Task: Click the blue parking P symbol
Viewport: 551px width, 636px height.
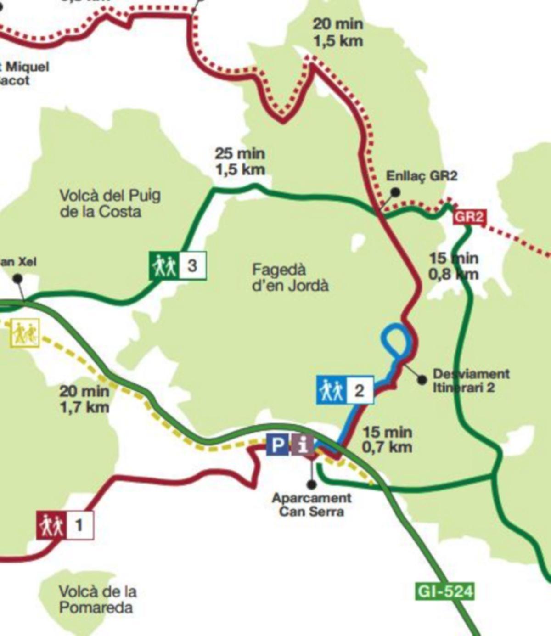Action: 277,445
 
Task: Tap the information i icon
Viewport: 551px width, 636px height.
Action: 302,445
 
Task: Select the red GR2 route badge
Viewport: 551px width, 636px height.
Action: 468,217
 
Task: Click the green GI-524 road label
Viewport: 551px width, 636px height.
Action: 444,591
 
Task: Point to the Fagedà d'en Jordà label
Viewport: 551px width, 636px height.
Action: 290,277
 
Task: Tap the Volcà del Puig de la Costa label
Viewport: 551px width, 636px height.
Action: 110,203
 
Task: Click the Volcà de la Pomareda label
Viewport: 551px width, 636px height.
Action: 97,599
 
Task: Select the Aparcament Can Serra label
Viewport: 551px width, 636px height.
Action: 311,504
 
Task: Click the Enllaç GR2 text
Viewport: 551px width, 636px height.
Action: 422,176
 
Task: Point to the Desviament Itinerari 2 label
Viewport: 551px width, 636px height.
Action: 471,380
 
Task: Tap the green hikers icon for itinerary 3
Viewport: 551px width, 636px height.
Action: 164,265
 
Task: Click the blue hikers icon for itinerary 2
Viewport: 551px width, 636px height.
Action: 331,390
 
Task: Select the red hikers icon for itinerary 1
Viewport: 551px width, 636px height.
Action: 51,525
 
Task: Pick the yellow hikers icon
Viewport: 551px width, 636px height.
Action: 25,333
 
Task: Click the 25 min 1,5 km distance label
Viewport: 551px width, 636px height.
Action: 240,161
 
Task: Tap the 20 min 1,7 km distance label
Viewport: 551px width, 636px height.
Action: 84,399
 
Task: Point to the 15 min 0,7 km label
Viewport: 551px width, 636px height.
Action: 387,439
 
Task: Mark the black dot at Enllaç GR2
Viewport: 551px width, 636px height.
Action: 395,192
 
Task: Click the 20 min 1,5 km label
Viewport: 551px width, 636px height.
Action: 338,32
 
